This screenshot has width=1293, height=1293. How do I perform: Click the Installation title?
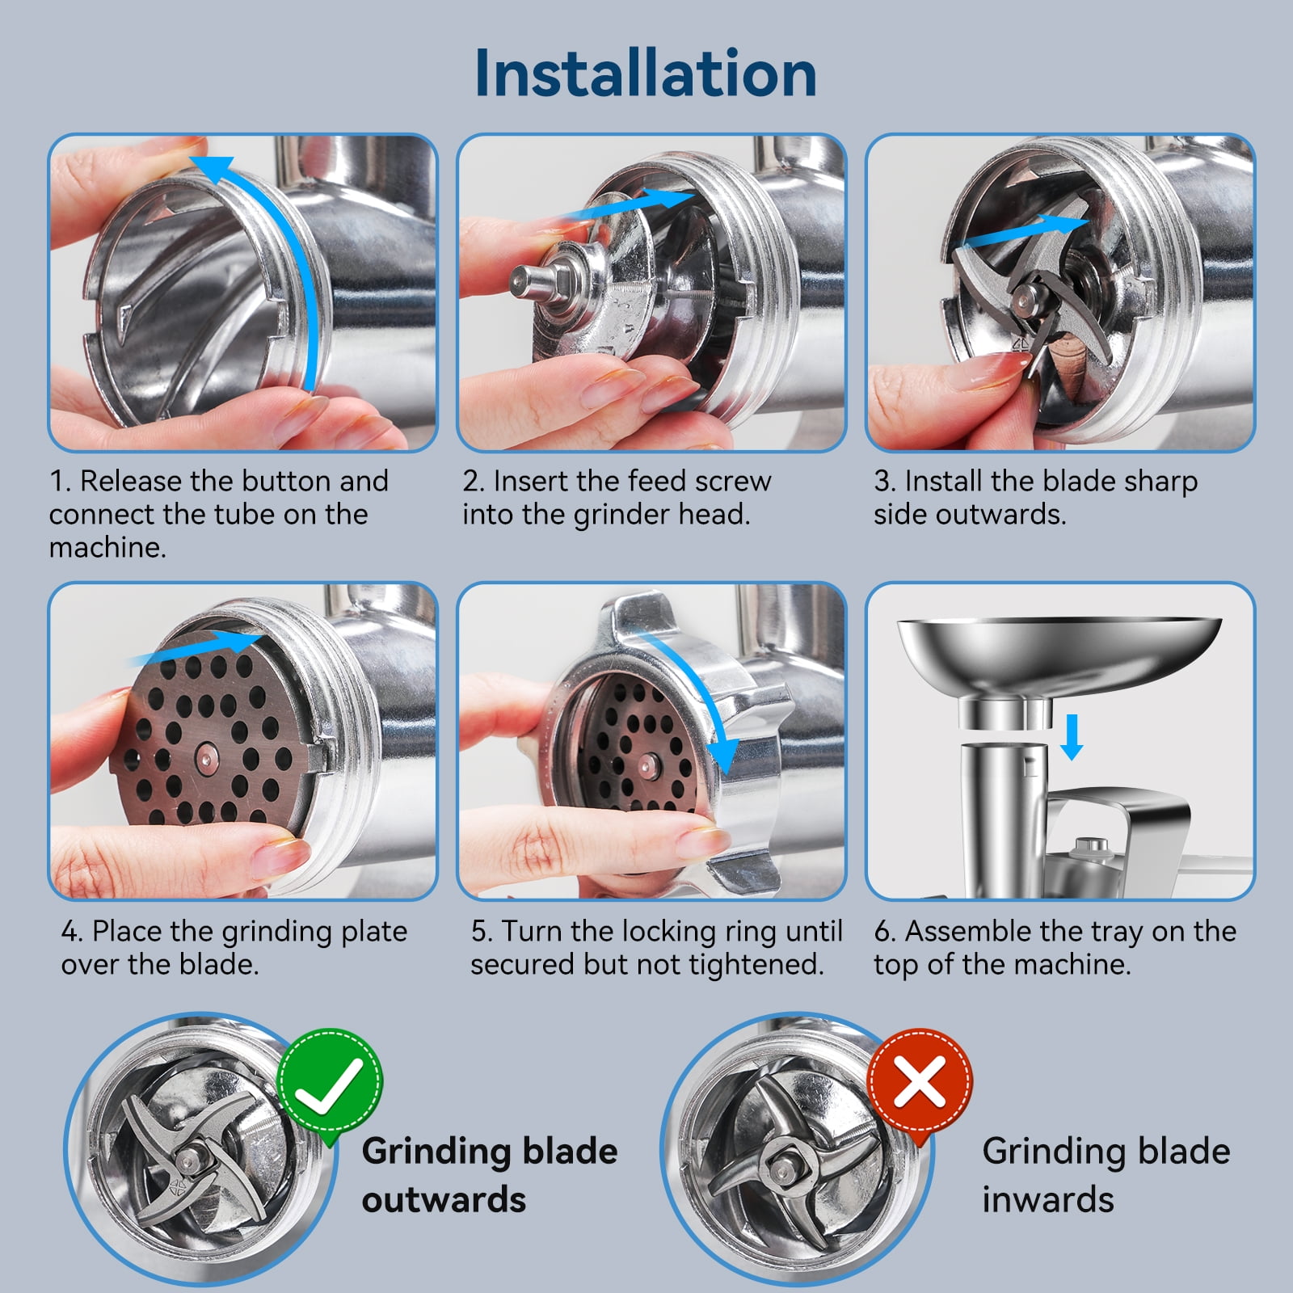(646, 74)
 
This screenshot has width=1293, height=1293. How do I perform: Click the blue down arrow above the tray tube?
(1072, 736)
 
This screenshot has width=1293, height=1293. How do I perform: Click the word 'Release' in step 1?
(131, 481)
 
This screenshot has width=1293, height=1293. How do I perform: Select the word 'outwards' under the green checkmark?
(444, 1199)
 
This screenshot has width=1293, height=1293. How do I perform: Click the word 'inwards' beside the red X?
(1048, 1199)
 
